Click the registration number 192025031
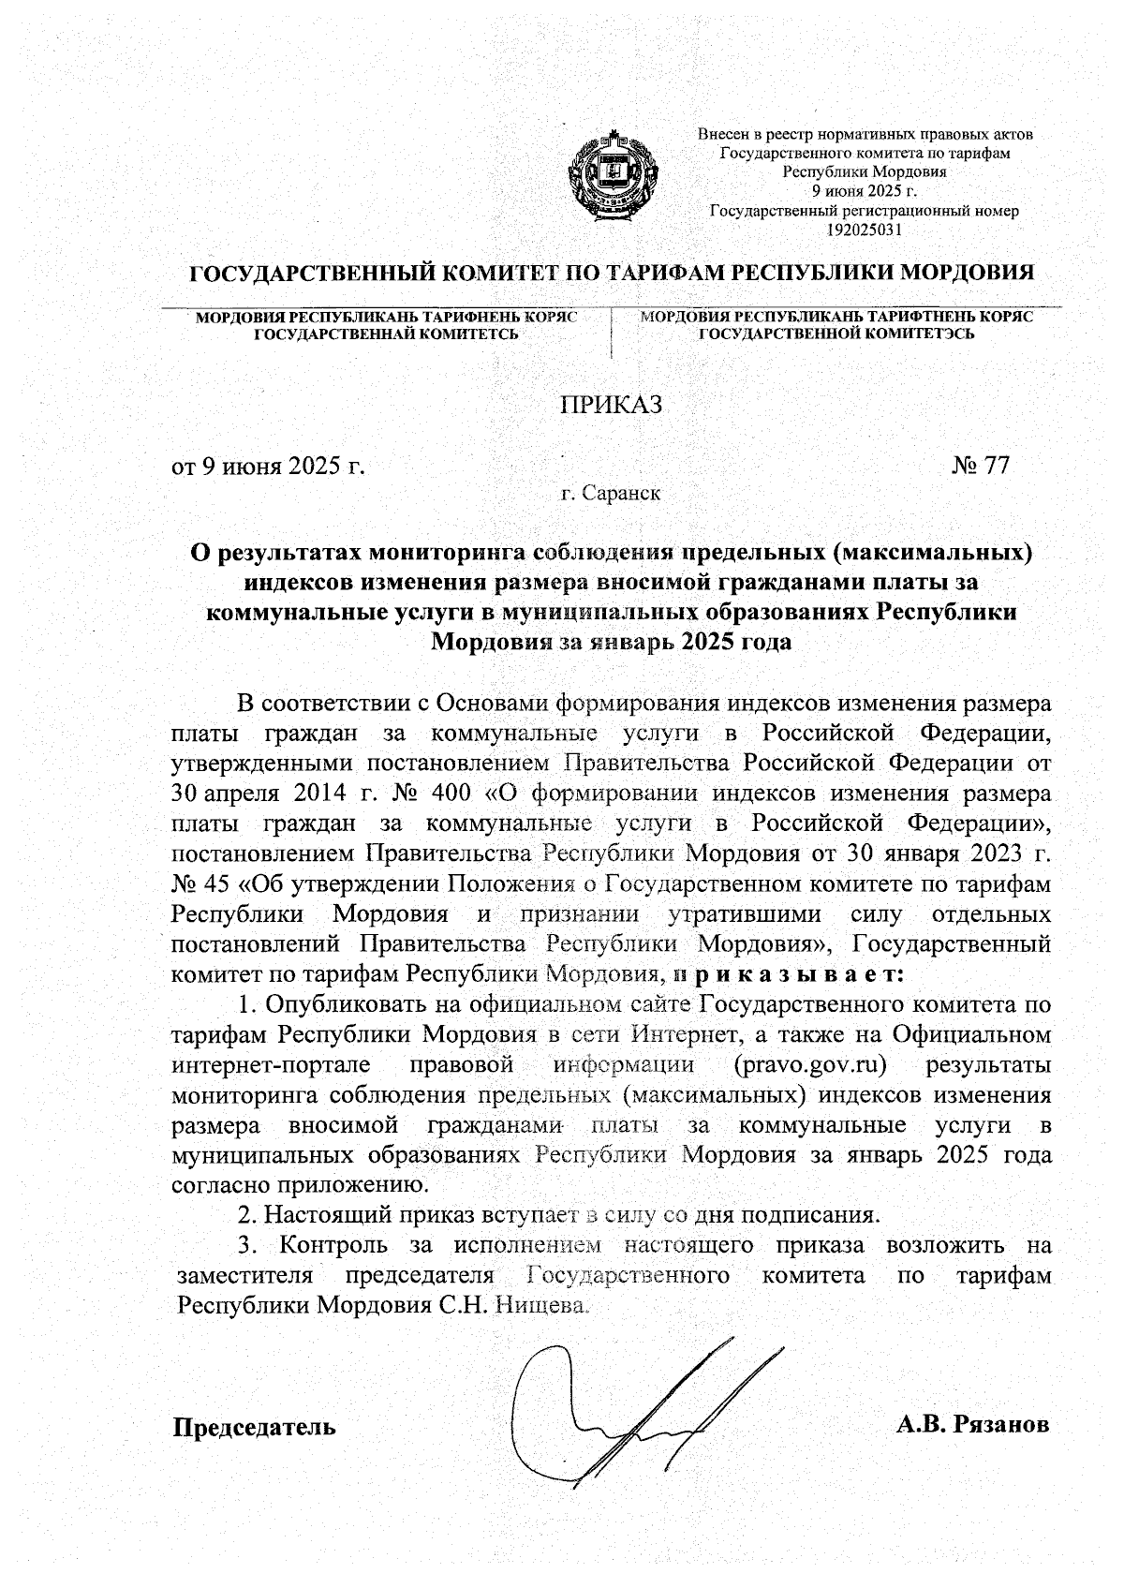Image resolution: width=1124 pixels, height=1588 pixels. (x=865, y=229)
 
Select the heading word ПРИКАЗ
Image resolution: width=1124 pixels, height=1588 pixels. (x=611, y=405)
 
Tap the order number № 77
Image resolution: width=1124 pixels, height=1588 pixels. (x=981, y=466)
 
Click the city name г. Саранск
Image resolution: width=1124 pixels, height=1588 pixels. (x=611, y=493)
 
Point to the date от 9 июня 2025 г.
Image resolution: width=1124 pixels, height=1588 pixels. (x=267, y=466)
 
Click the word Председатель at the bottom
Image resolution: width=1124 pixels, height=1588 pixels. (x=254, y=1427)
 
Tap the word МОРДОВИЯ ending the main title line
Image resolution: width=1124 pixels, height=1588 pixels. (x=966, y=274)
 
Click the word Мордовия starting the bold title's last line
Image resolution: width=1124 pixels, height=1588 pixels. (x=488, y=643)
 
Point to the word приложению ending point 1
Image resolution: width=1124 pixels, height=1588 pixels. (x=355, y=1185)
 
